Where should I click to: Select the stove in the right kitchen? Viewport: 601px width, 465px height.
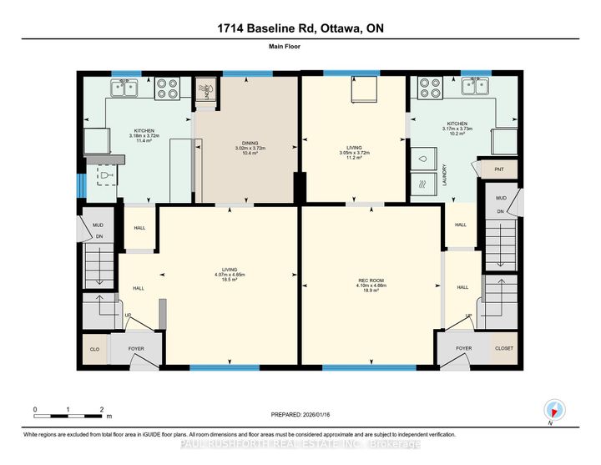pos(431,84)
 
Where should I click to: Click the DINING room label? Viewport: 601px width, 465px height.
pos(245,143)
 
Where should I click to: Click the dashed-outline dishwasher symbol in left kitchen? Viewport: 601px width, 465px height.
pos(107,175)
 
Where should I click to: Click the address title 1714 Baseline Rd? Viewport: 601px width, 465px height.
pos(300,28)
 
